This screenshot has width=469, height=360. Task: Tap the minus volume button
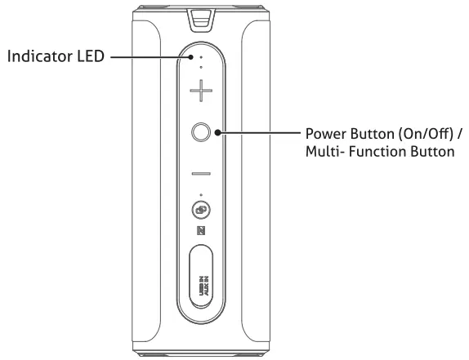(x=201, y=174)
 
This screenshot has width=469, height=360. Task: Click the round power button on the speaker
(x=201, y=132)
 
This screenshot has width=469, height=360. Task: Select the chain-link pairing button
(x=201, y=211)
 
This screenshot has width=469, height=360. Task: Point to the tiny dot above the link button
(x=201, y=195)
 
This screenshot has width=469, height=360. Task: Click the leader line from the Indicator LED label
(x=151, y=58)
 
